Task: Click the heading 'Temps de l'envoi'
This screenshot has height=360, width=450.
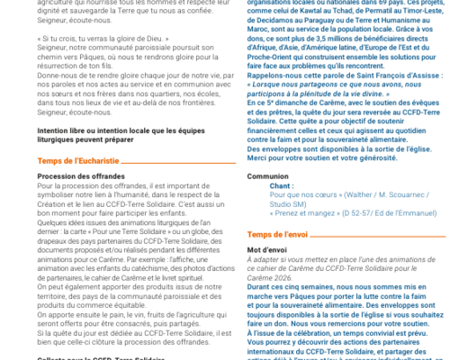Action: click(x=278, y=233)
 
